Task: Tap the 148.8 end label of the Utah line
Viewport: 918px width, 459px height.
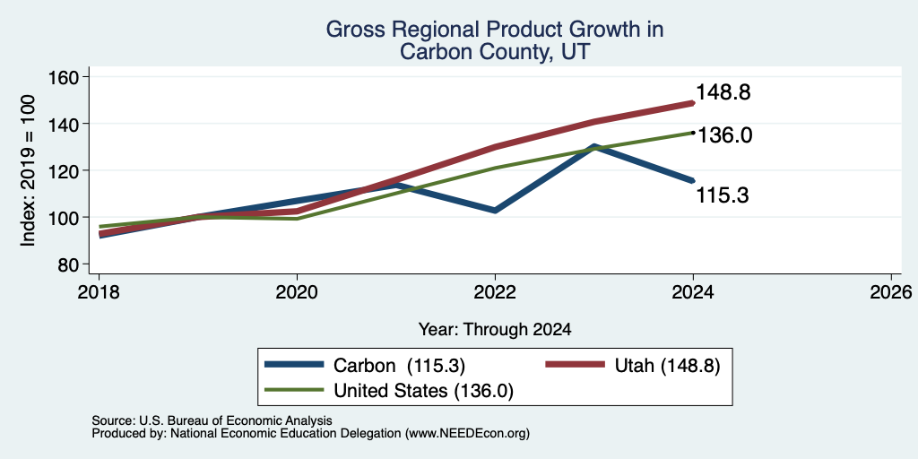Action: tap(723, 92)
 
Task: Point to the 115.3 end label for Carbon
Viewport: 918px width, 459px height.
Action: tap(722, 195)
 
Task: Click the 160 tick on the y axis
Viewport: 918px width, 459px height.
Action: tap(69, 77)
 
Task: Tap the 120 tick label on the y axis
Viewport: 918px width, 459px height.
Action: tap(69, 170)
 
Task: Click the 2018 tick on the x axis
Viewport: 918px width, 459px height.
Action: tap(99, 291)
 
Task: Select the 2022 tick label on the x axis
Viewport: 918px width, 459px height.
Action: tap(495, 291)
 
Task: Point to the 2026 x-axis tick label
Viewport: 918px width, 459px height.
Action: tap(891, 291)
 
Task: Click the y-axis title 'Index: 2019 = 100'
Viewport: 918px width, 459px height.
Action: tap(28, 170)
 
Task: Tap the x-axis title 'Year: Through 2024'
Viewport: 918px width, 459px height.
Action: tap(495, 330)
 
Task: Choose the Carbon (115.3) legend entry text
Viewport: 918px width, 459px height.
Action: tap(399, 366)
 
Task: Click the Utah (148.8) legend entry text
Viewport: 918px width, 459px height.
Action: tap(667, 366)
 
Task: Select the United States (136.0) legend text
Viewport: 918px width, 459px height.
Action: tap(423, 391)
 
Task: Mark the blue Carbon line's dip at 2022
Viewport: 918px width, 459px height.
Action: tap(495, 210)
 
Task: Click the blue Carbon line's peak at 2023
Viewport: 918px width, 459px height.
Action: tap(594, 146)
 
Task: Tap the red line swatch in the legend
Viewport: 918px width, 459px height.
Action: tap(575, 365)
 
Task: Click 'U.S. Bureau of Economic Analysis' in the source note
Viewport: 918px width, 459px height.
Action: tap(236, 420)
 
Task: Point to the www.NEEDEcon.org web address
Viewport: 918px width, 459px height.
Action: tap(466, 434)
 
